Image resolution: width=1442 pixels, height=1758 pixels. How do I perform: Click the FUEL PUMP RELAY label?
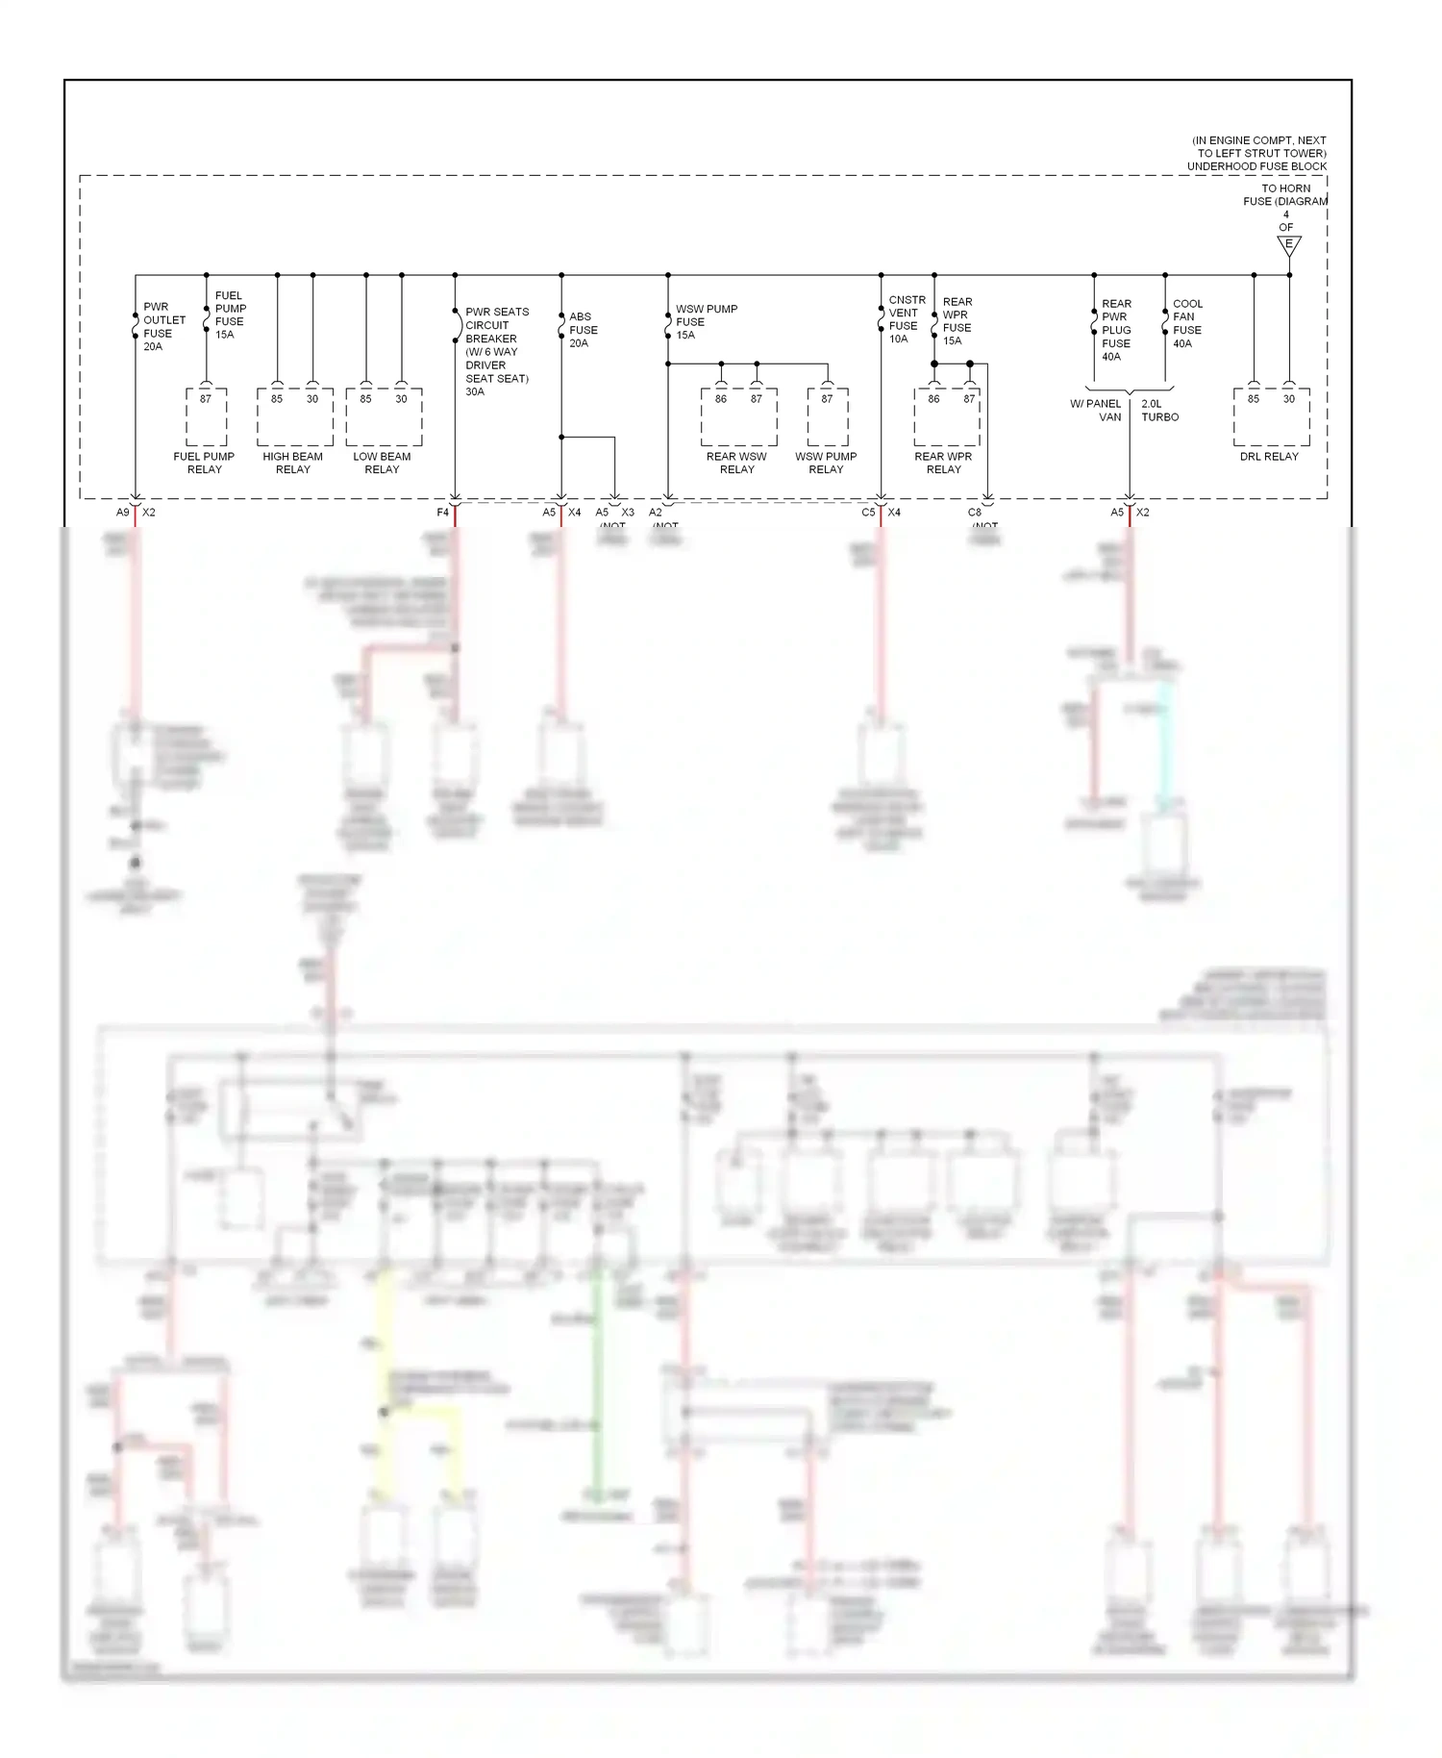[204, 463]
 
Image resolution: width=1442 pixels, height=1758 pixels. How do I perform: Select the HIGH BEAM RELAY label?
[293, 463]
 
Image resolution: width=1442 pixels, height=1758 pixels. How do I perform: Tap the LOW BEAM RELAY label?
[382, 463]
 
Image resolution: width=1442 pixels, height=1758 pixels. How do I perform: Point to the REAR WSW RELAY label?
[736, 463]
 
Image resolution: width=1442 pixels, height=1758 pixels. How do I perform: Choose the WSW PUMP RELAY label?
[826, 463]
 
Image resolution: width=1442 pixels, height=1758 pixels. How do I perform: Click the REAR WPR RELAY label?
[943, 463]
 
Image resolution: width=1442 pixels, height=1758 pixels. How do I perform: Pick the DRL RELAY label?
[1269, 457]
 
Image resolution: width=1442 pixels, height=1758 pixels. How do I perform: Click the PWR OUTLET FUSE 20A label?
[163, 327]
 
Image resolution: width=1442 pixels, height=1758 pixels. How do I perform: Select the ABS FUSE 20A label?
[583, 330]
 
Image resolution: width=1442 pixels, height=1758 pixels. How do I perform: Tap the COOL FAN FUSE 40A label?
[1187, 323]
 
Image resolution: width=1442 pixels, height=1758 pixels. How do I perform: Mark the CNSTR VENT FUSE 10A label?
[906, 319]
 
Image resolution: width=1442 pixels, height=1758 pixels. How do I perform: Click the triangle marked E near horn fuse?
[1289, 245]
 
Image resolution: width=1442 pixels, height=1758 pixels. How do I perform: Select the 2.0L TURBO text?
[1159, 411]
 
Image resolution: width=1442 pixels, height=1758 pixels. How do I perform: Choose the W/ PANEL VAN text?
[1097, 411]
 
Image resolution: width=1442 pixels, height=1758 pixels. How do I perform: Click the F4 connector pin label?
[442, 513]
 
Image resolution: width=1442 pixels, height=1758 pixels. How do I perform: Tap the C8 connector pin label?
[975, 513]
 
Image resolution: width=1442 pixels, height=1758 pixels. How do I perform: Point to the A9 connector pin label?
[122, 513]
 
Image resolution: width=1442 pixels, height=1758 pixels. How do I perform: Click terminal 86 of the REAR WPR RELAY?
[933, 399]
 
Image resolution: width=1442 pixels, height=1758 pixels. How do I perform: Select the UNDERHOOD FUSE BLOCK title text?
[1256, 166]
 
